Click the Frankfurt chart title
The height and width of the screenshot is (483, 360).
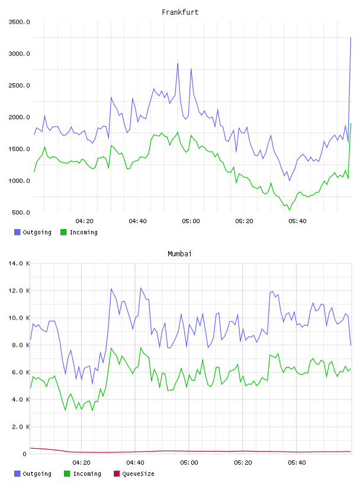coord(180,12)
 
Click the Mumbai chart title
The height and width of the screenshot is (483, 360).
coord(179,254)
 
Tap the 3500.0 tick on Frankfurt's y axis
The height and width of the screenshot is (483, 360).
coord(19,22)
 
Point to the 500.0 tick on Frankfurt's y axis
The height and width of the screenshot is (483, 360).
coord(21,212)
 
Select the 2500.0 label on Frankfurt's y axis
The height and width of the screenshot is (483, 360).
coord(19,85)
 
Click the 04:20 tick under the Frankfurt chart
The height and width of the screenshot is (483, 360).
coord(85,221)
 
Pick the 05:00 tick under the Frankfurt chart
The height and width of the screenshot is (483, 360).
coord(191,221)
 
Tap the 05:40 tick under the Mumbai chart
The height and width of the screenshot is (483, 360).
coord(297,463)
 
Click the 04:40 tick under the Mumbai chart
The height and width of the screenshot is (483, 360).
coord(136,463)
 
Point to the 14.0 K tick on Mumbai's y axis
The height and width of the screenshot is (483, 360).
coord(19,263)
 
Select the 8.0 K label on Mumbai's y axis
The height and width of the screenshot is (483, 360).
coord(21,345)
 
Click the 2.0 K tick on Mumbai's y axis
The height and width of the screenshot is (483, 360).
coord(21,427)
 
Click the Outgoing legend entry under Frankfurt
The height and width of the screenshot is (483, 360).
coord(33,232)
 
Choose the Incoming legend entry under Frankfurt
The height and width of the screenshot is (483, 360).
coord(79,232)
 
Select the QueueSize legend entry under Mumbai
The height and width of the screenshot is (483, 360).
coord(134,474)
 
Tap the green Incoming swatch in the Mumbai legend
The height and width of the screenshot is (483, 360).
coord(67,474)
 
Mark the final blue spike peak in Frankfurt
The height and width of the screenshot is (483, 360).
coord(351,38)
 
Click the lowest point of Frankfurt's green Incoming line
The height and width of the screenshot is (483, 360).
coord(290,210)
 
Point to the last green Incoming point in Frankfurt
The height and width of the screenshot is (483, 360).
coord(351,124)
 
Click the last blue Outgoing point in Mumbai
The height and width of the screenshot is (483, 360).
coord(351,345)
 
